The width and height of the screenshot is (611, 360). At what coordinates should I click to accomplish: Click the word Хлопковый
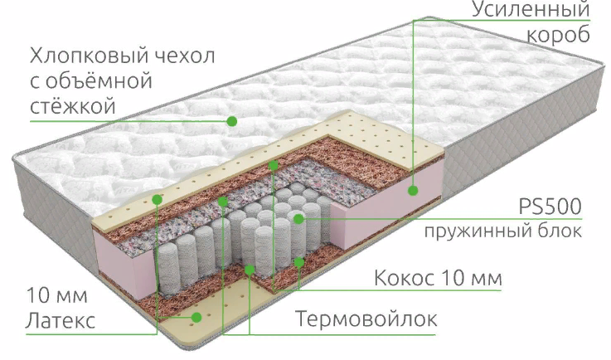click(x=90, y=56)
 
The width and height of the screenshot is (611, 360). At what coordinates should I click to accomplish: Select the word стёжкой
click(x=73, y=105)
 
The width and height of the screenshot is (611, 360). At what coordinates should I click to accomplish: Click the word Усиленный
click(x=531, y=9)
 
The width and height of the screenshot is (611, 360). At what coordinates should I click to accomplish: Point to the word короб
click(x=559, y=36)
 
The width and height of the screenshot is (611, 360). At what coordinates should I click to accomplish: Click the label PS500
click(x=550, y=207)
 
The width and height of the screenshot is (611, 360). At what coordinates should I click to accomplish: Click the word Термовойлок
click(x=366, y=319)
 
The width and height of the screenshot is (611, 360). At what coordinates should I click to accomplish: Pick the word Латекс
click(x=61, y=321)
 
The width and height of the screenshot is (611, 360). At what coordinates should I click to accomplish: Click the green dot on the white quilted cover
click(x=232, y=121)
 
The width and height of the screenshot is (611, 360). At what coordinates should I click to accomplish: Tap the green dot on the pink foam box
click(x=413, y=190)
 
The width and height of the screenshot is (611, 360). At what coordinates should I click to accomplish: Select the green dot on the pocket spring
click(x=298, y=219)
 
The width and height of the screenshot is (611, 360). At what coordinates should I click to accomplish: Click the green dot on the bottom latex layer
click(x=196, y=317)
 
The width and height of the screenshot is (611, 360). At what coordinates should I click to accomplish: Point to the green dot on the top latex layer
click(x=157, y=199)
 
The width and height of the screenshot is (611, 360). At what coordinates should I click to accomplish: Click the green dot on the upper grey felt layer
click(x=223, y=202)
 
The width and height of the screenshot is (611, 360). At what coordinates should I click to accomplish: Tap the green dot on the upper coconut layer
click(x=274, y=165)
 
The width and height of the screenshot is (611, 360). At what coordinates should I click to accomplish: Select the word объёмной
click(x=99, y=80)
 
